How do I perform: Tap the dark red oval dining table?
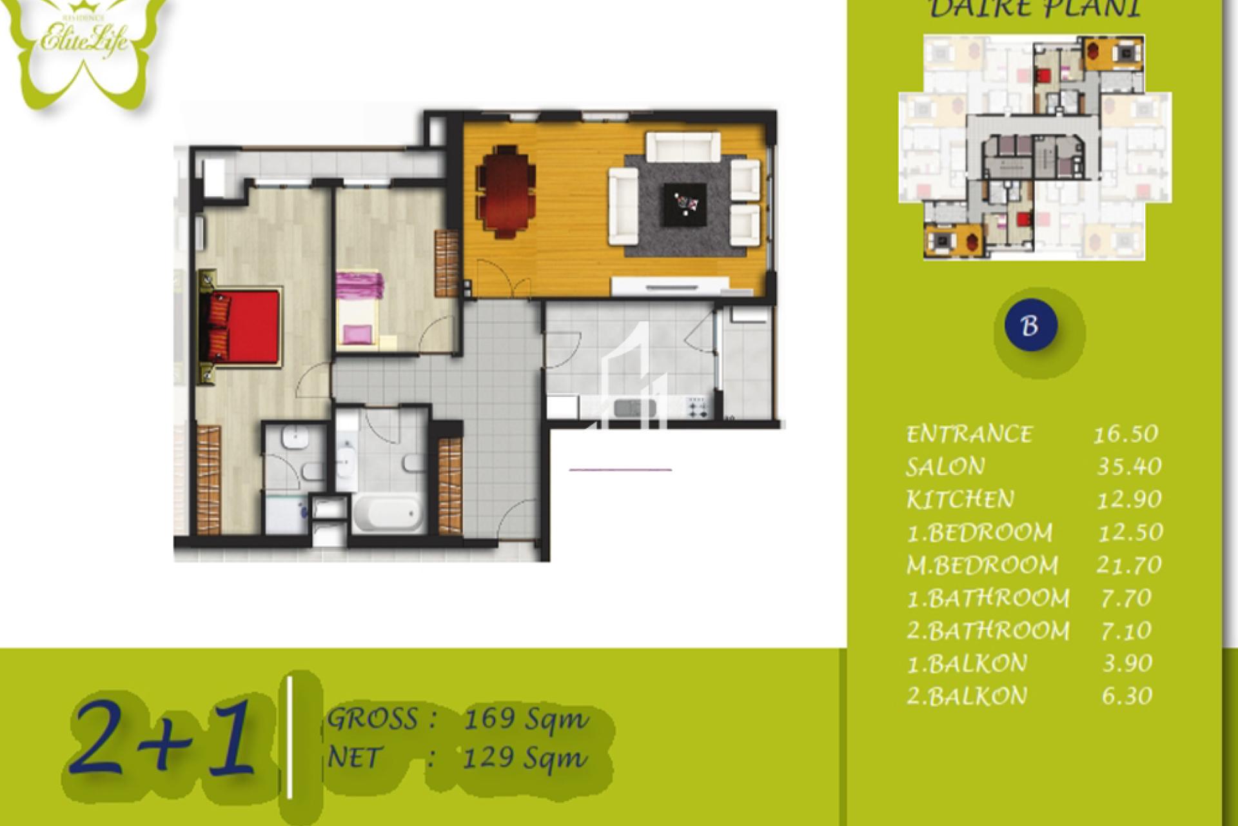[506, 192]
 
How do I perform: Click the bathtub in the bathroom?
[386, 514]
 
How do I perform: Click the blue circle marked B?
[1030, 325]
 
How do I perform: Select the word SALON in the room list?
[945, 467]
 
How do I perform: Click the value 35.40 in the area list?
[1128, 467]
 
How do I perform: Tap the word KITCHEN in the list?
[960, 499]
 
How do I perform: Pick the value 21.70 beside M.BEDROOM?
[1128, 565]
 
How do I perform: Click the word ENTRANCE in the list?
[969, 434]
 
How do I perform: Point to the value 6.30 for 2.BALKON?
[1126, 696]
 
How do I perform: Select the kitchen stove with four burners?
[696, 407]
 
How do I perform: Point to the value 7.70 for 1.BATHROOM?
[1126, 598]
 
